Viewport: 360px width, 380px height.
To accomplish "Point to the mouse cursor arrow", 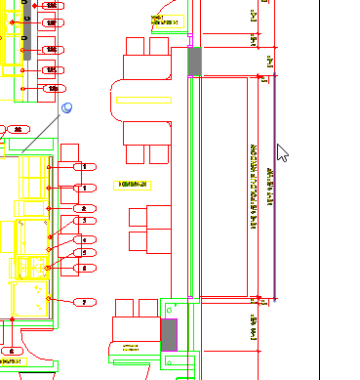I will [282, 153].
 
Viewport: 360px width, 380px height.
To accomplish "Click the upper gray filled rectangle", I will [193, 61].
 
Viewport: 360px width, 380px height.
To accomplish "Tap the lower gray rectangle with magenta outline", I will [169, 334].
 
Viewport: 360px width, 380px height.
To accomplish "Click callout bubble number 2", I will [85, 209].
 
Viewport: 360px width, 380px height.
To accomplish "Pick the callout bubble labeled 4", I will [85, 238].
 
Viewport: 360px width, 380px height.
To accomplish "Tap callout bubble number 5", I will [85, 252].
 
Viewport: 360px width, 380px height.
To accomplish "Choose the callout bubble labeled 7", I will [85, 303].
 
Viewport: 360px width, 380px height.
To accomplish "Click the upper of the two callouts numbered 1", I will [85, 167].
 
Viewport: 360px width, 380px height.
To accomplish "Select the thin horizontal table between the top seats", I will [142, 100].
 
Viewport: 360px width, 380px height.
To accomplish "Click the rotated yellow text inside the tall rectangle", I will [240, 186].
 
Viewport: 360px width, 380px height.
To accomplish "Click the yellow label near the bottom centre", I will [126, 348].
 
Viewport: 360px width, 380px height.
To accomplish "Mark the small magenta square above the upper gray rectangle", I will [189, 44].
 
